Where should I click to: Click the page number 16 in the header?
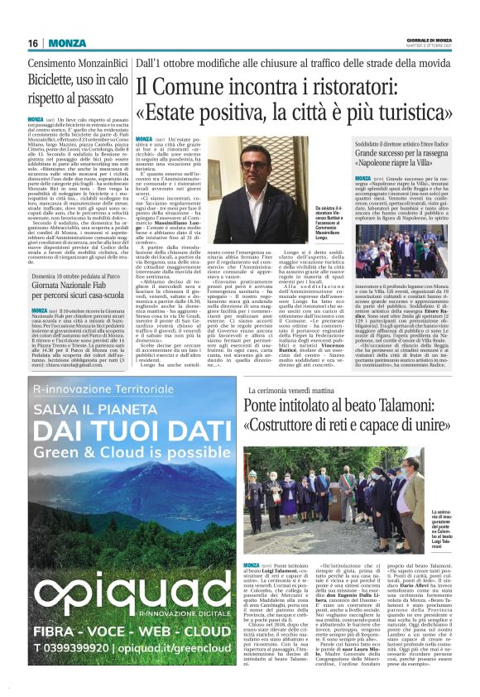point(34,43)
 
